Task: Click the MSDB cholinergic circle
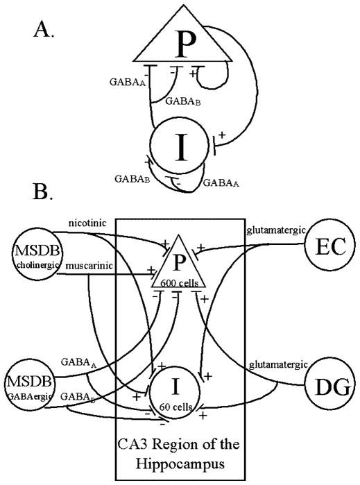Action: (36, 254)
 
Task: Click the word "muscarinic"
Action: (89, 266)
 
